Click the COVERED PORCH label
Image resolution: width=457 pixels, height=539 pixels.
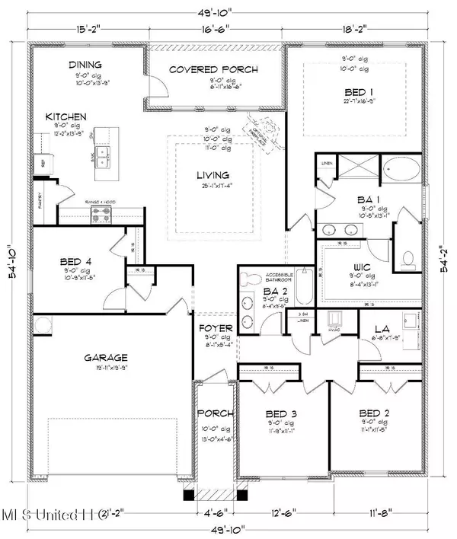213,70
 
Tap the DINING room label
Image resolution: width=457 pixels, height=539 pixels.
86,65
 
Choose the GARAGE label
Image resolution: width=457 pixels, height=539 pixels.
105,356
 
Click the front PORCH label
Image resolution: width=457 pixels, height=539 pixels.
209,413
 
